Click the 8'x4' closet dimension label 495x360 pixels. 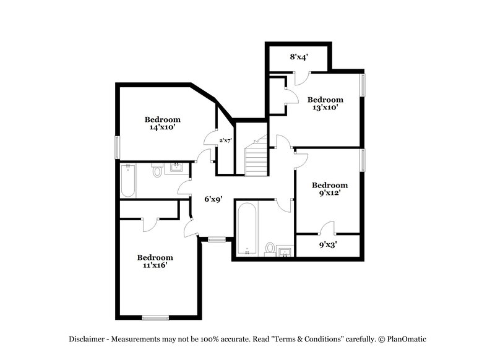point(299,57)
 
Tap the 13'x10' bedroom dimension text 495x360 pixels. point(325,108)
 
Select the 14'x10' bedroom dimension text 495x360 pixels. point(162,127)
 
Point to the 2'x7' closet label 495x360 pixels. point(225,140)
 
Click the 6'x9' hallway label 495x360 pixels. point(214,199)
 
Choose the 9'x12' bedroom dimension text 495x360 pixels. point(329,193)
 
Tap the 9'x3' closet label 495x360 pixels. point(328,244)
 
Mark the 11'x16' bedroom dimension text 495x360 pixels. point(155,265)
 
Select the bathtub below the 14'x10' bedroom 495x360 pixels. point(128,181)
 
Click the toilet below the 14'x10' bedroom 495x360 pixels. point(157,171)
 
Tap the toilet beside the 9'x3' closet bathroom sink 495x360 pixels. point(270,249)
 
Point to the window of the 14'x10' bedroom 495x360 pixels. point(116,147)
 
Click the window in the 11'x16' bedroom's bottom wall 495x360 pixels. point(155,318)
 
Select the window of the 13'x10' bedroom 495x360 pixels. point(363,85)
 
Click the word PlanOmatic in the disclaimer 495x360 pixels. point(407,339)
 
